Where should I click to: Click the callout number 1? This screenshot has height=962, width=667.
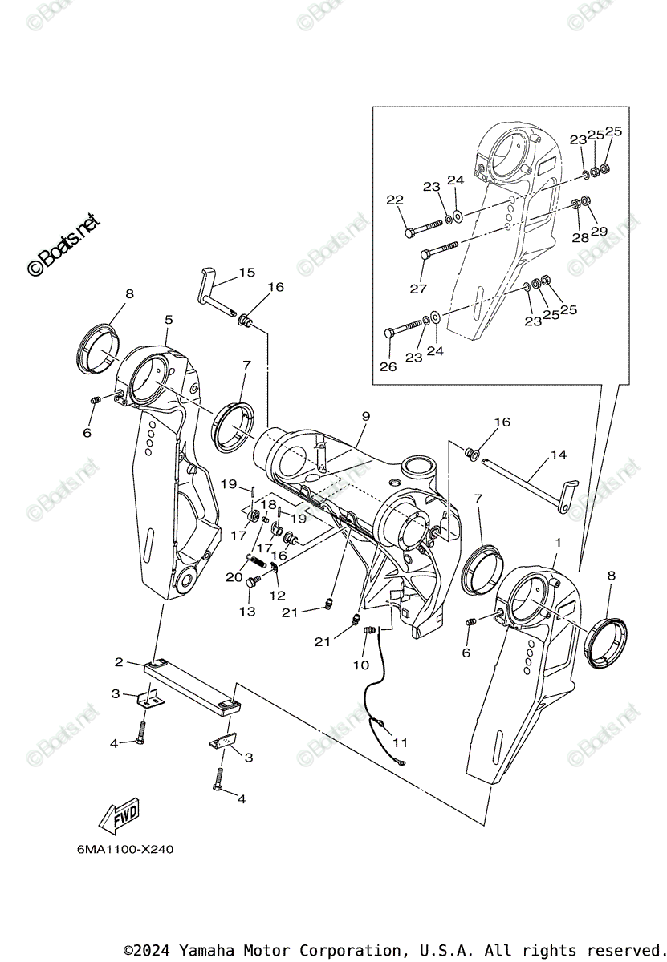pyautogui.click(x=557, y=544)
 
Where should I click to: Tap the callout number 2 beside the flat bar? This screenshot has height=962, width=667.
pyautogui.click(x=119, y=661)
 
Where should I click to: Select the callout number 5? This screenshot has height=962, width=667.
pyautogui.click(x=169, y=320)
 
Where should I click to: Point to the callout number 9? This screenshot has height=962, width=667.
pyautogui.click(x=366, y=416)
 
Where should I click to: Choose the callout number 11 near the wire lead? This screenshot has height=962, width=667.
pyautogui.click(x=400, y=742)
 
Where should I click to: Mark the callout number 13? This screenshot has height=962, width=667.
pyautogui.click(x=247, y=612)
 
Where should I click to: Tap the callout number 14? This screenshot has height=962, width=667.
pyautogui.click(x=558, y=455)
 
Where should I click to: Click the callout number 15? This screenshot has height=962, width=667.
pyautogui.click(x=246, y=273)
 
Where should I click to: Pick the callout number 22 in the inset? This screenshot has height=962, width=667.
pyautogui.click(x=395, y=200)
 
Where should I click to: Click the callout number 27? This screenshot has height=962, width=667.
pyautogui.click(x=418, y=288)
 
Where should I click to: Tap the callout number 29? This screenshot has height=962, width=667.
pyautogui.click(x=599, y=232)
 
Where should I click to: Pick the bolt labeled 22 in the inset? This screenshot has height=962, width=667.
pyautogui.click(x=425, y=226)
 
